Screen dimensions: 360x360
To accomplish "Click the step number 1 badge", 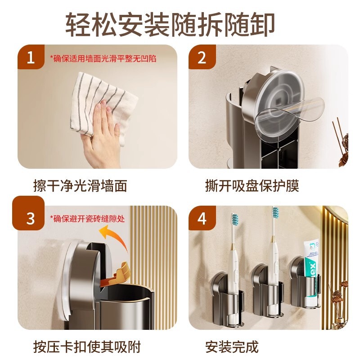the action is (x=31, y=57).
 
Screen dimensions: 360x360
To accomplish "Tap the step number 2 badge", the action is (x=202, y=57).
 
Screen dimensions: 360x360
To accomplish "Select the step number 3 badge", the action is (x=28, y=213).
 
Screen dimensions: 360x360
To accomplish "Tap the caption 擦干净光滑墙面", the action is (x=80, y=185).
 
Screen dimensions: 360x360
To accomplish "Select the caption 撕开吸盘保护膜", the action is (x=252, y=185).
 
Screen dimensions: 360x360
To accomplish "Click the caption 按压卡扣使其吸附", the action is (x=87, y=346).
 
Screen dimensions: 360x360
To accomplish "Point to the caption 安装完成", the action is (x=232, y=346).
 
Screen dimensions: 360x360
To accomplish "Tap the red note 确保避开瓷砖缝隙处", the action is (x=87, y=219).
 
